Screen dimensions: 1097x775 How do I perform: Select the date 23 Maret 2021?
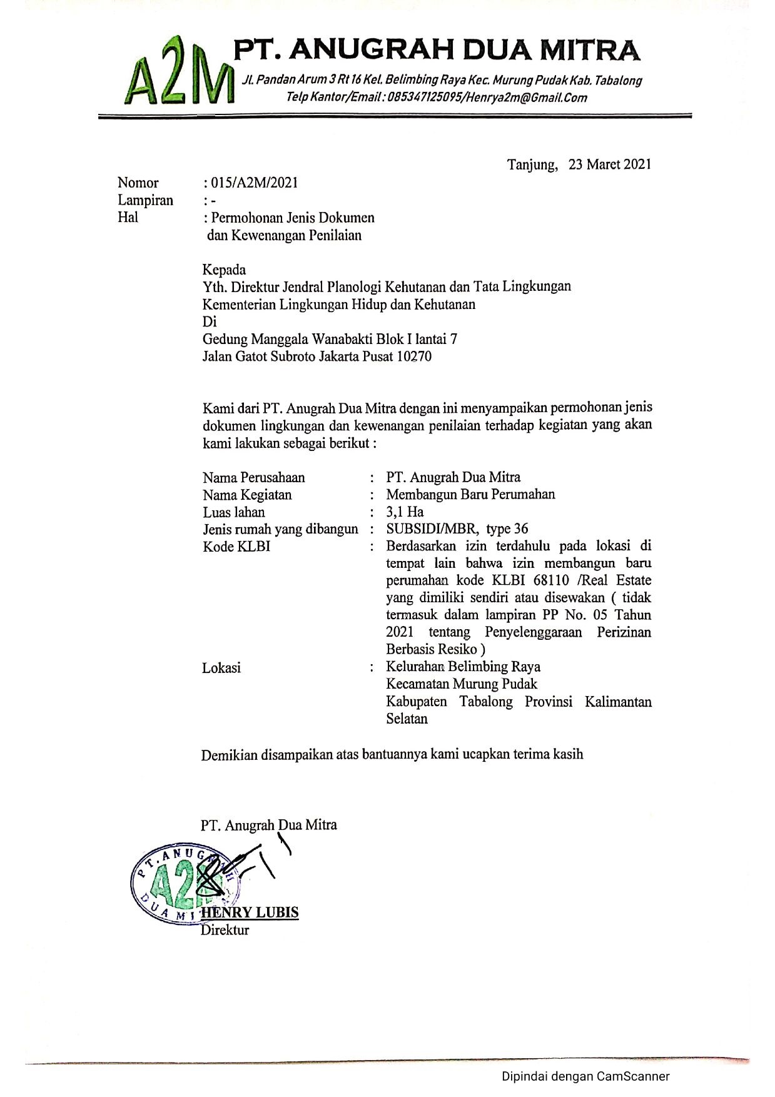click(610, 164)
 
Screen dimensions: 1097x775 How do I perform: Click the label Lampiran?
click(145, 200)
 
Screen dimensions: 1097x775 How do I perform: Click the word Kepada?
click(224, 270)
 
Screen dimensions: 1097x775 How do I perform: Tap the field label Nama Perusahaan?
click(253, 478)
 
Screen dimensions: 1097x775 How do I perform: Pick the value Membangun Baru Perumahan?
click(470, 495)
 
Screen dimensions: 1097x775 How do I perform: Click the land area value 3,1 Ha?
click(405, 512)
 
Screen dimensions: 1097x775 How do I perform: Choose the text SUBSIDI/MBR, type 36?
click(457, 529)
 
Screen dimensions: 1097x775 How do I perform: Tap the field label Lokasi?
click(221, 668)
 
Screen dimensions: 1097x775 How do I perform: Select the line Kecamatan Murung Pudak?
click(462, 684)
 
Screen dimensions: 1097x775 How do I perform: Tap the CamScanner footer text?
click(585, 1077)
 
